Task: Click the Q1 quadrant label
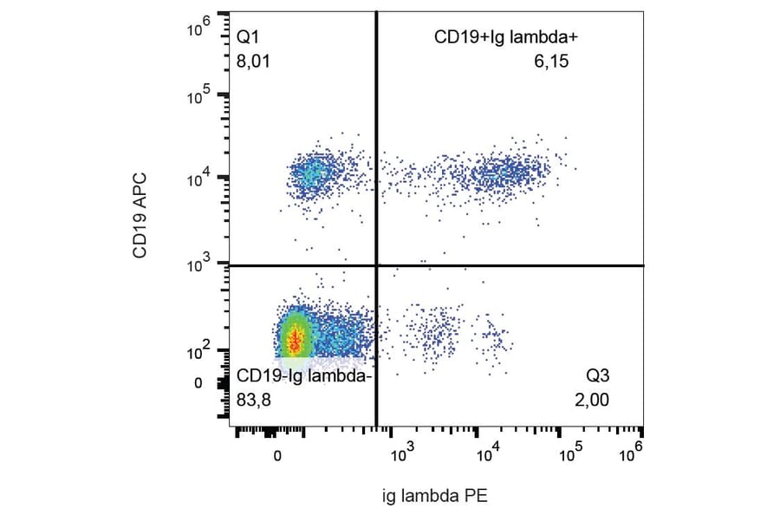[248, 37]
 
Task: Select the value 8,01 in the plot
[255, 61]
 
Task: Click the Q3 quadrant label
[599, 376]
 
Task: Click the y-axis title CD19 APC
[140, 216]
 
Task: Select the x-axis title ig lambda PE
[436, 496]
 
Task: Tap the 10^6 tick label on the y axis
[200, 30]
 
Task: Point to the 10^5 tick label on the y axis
[200, 95]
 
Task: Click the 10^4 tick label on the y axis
[200, 179]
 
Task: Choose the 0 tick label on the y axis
[198, 382]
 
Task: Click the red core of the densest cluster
[296, 340]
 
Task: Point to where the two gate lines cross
[376, 265]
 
